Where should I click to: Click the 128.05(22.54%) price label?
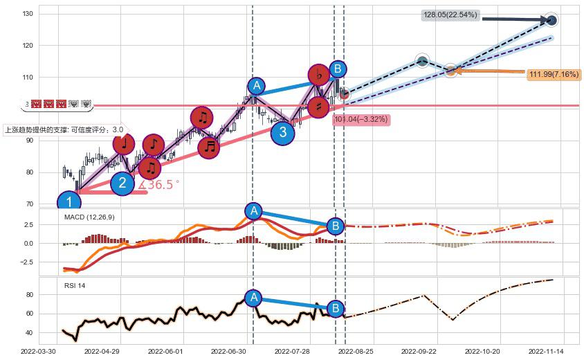(450, 15)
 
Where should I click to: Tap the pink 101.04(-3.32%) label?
(361, 120)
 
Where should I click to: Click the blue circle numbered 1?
(69, 203)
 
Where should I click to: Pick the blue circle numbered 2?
(122, 183)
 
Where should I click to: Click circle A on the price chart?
(257, 86)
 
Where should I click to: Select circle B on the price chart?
(337, 69)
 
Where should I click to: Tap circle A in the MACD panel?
(253, 211)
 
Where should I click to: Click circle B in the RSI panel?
(335, 309)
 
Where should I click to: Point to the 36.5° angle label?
(159, 185)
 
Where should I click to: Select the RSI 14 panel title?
(75, 286)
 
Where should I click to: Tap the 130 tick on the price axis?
(27, 14)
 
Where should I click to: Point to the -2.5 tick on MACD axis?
(25, 262)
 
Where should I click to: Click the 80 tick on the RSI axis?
(28, 294)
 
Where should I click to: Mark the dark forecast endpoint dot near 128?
(551, 20)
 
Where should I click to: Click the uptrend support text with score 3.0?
(64, 129)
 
